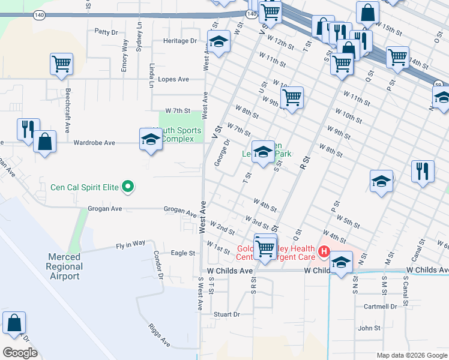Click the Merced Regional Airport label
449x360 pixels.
(x=64, y=266)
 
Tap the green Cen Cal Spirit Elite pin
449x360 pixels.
(x=127, y=188)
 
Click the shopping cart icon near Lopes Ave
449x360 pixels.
(x=62, y=65)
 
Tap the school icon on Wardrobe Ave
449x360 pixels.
(x=151, y=140)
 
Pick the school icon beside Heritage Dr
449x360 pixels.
(x=218, y=43)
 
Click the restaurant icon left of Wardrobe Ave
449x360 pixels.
(x=28, y=129)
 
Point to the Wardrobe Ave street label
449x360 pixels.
(x=94, y=143)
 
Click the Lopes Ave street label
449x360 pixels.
(x=173, y=79)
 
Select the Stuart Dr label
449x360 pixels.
(x=227, y=314)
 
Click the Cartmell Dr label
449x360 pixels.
(x=381, y=306)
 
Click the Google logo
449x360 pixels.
(x=20, y=353)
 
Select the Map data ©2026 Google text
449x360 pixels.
(x=411, y=355)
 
